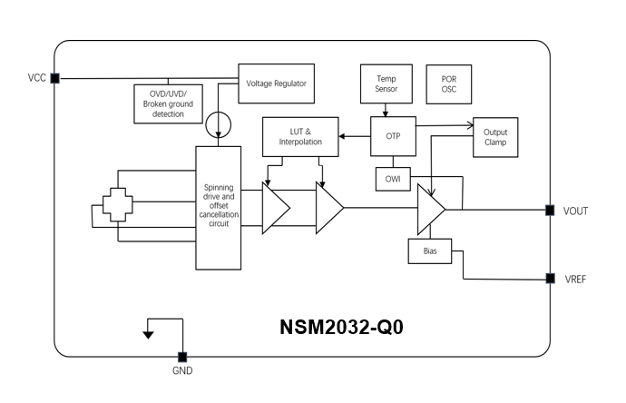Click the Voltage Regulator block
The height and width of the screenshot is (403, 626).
pyautogui.click(x=276, y=84)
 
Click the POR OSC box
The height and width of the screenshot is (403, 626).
pyautogui.click(x=448, y=84)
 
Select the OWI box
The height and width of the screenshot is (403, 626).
pyautogui.click(x=393, y=179)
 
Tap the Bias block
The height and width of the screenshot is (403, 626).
pyautogui.click(x=430, y=251)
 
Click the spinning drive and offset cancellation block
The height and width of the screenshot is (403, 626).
pyautogui.click(x=219, y=207)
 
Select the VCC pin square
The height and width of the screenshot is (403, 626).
pyautogui.click(x=55, y=78)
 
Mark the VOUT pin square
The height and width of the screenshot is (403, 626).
pyautogui.click(x=550, y=211)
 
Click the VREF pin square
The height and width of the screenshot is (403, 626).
pyautogui.click(x=550, y=279)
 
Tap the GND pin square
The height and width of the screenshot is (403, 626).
pyautogui.click(x=182, y=357)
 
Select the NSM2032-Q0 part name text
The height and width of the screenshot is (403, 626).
pyautogui.click(x=341, y=328)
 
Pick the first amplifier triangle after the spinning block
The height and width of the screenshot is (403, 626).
pyautogui.click(x=274, y=208)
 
